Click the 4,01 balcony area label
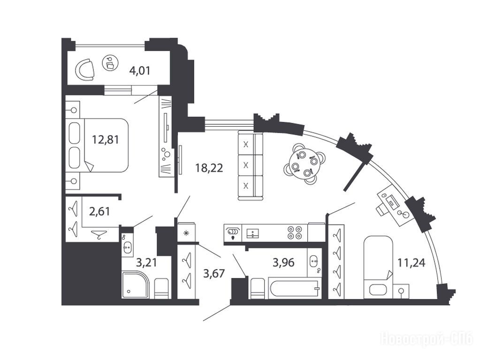(140, 71)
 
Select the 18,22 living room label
(209, 168)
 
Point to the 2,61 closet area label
(99, 211)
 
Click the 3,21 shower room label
(146, 262)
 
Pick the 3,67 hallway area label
(214, 273)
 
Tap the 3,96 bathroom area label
(283, 262)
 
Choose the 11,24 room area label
(411, 262)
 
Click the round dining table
(304, 162)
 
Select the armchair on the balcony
(85, 69)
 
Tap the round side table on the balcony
(110, 63)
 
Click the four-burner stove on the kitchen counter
(294, 232)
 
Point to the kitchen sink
(252, 233)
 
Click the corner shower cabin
(136, 285)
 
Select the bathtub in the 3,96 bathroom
(295, 288)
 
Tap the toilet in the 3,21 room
(161, 288)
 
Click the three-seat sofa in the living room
(251, 165)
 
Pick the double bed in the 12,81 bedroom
(97, 145)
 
